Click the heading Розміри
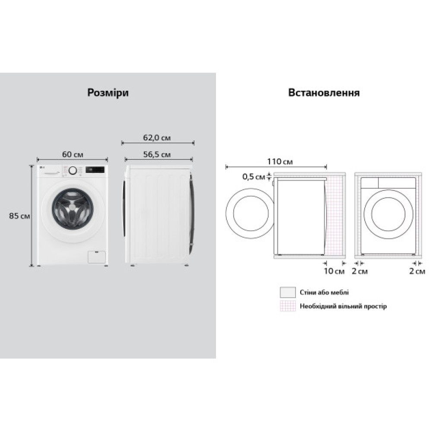[x=108, y=93]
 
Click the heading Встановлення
[x=324, y=93]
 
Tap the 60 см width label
[x=73, y=154]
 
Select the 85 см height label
[x=19, y=216]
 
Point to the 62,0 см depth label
[x=157, y=138]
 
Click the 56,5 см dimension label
[x=157, y=154]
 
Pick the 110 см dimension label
[x=280, y=162]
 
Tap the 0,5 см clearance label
[x=254, y=176]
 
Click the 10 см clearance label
[x=334, y=271]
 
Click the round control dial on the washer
[x=73, y=170]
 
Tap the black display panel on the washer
[x=95, y=170]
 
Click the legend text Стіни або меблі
[x=324, y=292]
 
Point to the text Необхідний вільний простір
[x=343, y=306]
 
